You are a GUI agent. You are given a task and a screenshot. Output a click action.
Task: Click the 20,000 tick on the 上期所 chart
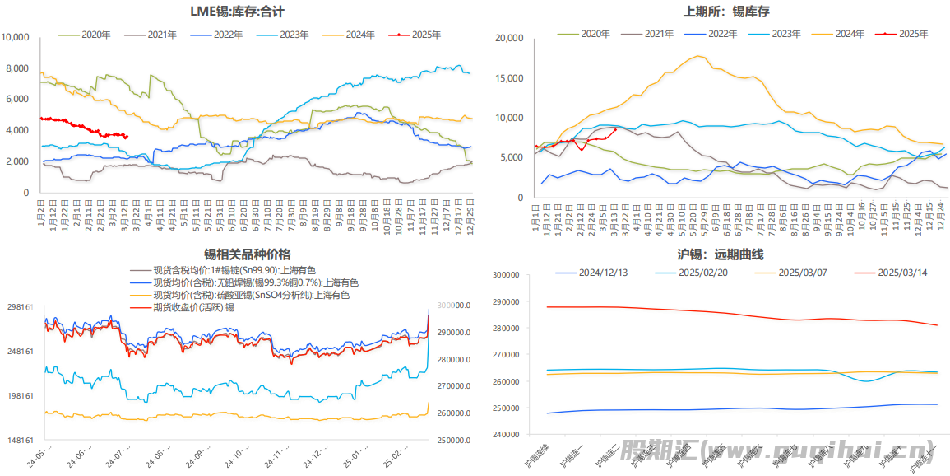click(x=510, y=38)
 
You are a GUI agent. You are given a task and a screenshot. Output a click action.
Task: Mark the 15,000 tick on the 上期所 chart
click(x=510, y=78)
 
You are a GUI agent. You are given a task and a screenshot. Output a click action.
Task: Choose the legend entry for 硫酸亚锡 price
click(x=251, y=295)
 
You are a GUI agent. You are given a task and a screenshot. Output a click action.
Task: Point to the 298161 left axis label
click(x=20, y=307)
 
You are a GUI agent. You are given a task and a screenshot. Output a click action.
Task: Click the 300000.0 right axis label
click(x=453, y=306)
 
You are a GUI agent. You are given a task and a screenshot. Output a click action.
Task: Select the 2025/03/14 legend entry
click(x=902, y=272)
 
